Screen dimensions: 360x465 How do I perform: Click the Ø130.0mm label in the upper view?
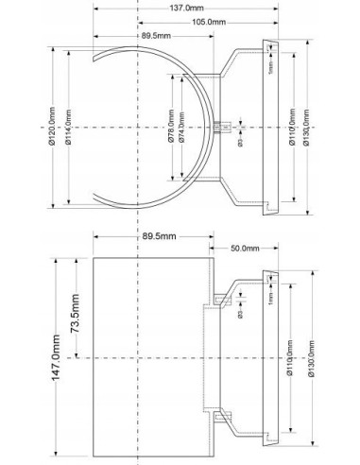click(x=317, y=124)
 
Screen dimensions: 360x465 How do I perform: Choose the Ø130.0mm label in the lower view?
click(x=317, y=360)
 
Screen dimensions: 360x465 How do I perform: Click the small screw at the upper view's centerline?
click(x=228, y=125)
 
